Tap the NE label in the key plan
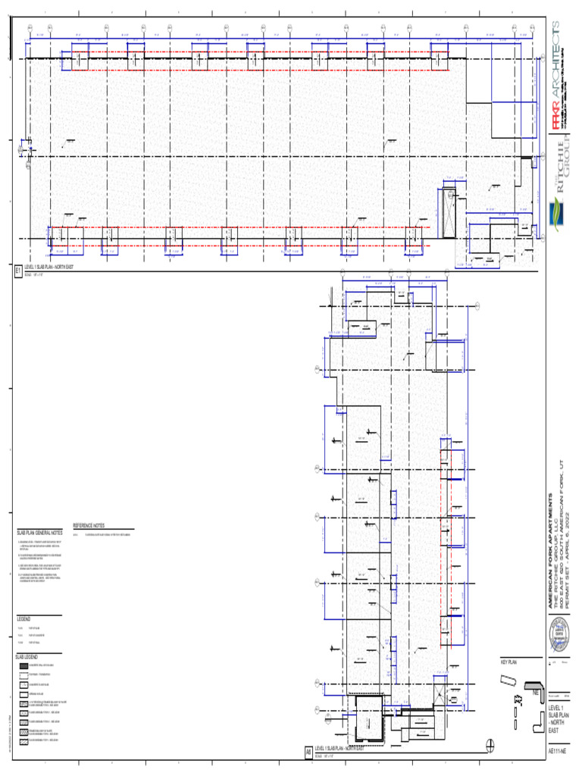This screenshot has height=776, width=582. click(535, 692)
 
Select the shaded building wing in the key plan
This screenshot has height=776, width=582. click(530, 684)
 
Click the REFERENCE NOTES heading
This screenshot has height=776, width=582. click(89, 525)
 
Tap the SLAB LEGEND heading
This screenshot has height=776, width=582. click(28, 656)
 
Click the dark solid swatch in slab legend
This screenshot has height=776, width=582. click(23, 665)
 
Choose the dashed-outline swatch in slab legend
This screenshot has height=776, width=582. click(23, 674)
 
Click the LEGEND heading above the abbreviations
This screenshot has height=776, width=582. click(24, 619)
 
